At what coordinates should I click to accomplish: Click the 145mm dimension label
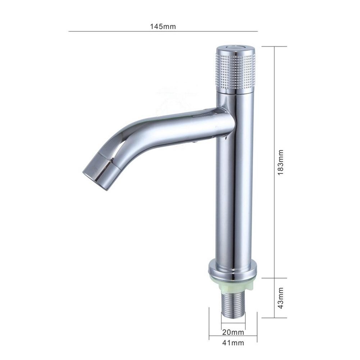click(163, 27)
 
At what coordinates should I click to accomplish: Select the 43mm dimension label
click(281, 298)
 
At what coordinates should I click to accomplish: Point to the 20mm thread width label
click(233, 331)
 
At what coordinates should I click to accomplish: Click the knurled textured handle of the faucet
click(236, 72)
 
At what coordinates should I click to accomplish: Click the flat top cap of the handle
click(235, 49)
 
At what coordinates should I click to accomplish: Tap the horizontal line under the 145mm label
click(163, 32)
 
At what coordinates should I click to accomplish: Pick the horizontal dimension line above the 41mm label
click(233, 337)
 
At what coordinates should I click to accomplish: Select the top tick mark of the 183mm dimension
click(275, 46)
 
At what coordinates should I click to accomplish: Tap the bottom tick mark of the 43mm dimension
click(275, 318)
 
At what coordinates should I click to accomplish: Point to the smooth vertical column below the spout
click(234, 198)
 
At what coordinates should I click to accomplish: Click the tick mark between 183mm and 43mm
click(275, 278)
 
